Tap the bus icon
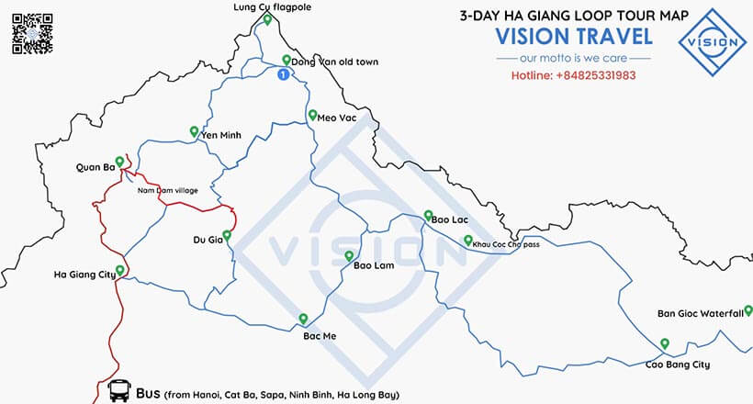click(x=118, y=391)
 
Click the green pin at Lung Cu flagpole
click(x=265, y=19)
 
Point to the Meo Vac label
click(x=337, y=118)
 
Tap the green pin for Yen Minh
click(x=194, y=130)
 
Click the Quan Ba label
click(x=95, y=167)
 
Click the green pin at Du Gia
click(x=226, y=235)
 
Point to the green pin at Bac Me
click(x=303, y=319)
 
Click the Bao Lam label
click(x=374, y=266)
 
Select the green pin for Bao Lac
click(x=427, y=216)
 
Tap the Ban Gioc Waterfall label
click(x=699, y=313)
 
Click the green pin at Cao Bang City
click(x=664, y=343)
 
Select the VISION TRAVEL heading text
click(x=574, y=37)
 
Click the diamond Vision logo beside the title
click(x=713, y=41)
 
